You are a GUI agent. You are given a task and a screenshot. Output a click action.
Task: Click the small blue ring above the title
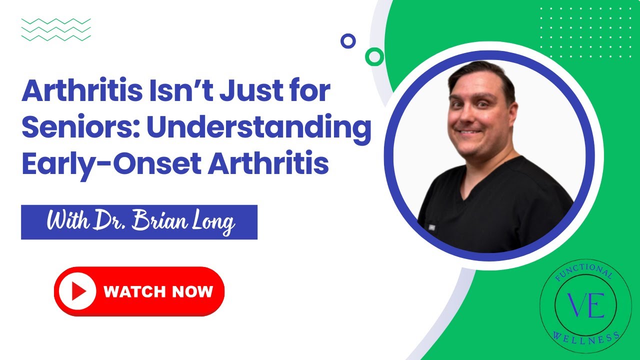tap(348, 41)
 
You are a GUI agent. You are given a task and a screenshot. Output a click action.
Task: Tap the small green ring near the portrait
tap(374, 56)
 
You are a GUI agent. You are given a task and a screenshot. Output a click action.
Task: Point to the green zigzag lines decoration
tap(56, 29)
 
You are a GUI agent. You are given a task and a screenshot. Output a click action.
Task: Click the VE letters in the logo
tap(585, 306)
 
